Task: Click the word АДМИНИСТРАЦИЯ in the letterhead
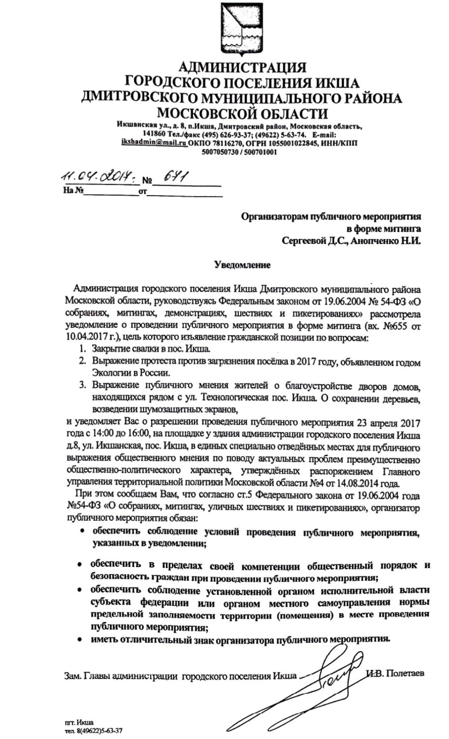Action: (x=241, y=67)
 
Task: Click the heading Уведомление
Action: (x=242, y=265)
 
